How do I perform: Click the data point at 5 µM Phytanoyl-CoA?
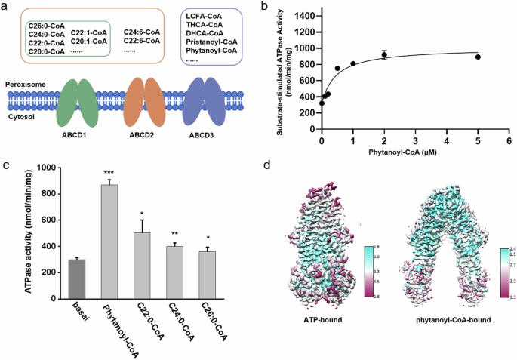(x=478, y=57)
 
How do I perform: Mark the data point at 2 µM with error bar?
(x=384, y=54)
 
